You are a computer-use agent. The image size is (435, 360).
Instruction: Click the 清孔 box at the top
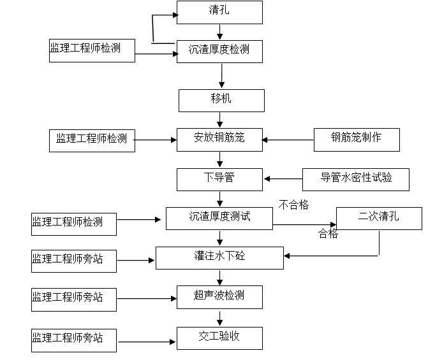click(219, 12)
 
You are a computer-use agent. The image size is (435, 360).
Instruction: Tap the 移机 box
click(221, 100)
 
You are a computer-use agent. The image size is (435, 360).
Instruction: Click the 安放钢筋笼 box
click(219, 140)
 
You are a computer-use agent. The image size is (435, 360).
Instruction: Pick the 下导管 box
click(219, 179)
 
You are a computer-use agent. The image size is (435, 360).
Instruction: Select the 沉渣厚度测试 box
click(219, 218)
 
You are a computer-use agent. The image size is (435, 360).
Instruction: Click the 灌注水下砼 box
click(219, 257)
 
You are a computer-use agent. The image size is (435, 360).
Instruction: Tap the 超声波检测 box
click(219, 297)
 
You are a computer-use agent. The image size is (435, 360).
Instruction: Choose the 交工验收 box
click(219, 337)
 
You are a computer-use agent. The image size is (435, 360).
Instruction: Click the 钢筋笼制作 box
click(357, 140)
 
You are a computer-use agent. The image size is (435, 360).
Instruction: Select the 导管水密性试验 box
click(355, 179)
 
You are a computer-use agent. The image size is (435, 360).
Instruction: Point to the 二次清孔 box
click(379, 218)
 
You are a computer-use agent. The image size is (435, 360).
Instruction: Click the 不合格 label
click(294, 205)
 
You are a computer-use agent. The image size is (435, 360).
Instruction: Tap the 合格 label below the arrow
click(328, 234)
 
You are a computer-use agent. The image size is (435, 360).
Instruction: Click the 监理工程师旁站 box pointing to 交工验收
click(74, 339)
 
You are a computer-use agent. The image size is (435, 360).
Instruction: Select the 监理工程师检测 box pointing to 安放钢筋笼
click(92, 140)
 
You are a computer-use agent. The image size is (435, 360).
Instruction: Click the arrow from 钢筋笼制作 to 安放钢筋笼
click(288, 140)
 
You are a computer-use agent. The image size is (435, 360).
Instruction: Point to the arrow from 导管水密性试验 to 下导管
click(283, 179)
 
